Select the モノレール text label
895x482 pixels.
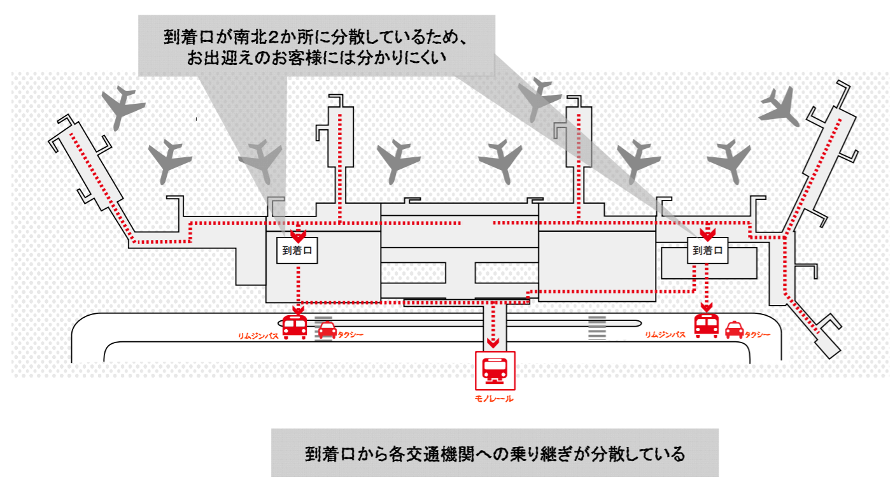click(494, 399)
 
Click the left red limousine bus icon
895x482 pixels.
click(295, 327)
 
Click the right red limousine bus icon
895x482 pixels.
click(707, 326)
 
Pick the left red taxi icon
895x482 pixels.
click(327, 330)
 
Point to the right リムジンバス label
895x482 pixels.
click(665, 334)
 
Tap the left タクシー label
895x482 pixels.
click(351, 334)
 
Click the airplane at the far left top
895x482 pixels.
click(123, 106)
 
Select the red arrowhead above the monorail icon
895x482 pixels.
click(492, 343)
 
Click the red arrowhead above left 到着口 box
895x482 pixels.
click(298, 234)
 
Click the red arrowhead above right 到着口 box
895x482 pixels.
click(706, 233)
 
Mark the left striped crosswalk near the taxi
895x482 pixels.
click(324, 327)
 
